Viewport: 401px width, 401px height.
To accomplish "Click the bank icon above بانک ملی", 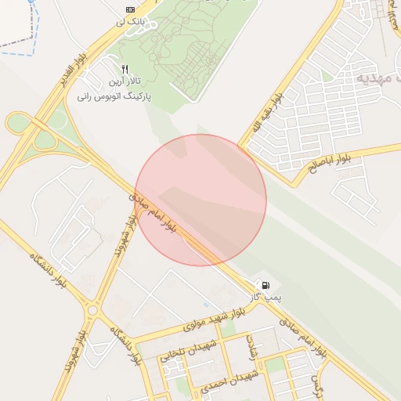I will coord(129,9).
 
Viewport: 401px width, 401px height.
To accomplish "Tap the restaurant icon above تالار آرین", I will coord(125,70).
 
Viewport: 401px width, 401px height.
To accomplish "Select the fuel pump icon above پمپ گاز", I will coord(266,284).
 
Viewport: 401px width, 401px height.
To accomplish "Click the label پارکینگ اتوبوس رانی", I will coord(114,98).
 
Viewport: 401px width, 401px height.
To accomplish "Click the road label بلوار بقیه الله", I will coord(267,116).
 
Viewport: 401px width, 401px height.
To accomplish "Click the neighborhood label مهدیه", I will coord(379,78).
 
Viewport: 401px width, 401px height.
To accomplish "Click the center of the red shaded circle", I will coord(200,200).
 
